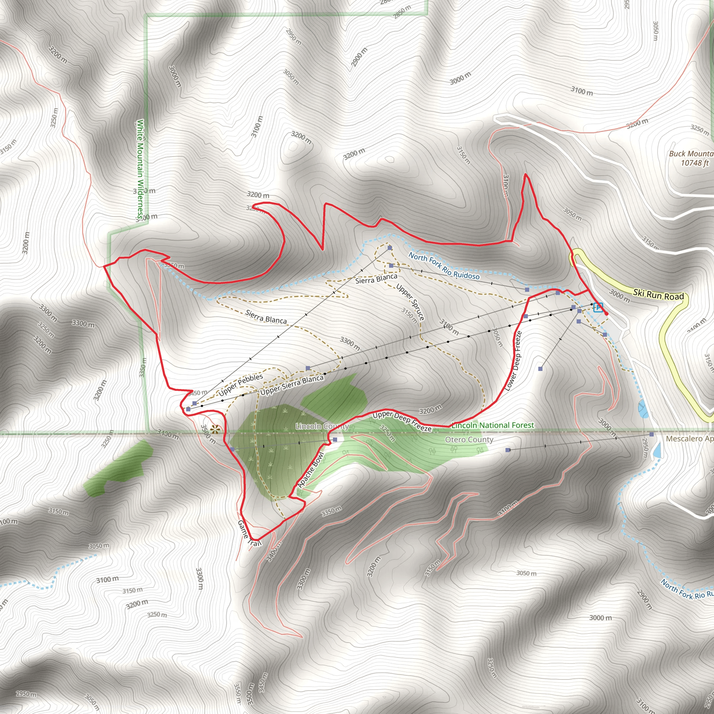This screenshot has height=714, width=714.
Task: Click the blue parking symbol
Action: pos(598,307)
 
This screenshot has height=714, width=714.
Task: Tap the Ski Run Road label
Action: pos(658,295)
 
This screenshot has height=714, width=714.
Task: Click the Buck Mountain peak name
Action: pos(691,153)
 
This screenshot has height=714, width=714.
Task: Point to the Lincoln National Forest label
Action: pos(493,425)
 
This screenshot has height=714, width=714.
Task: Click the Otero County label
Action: pos(469,439)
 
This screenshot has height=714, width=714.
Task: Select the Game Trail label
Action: pos(249,533)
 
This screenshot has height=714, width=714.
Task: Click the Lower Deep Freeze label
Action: pos(513,361)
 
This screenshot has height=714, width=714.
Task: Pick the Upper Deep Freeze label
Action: pos(402,421)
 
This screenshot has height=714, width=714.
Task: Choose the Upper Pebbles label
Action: pos(241,384)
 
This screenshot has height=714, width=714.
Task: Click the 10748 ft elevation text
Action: pos(695,162)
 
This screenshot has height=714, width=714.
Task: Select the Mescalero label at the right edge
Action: pos(690,439)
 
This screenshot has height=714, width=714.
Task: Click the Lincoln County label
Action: pos(322,426)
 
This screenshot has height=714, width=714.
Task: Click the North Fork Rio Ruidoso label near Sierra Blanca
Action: pos(444,266)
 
